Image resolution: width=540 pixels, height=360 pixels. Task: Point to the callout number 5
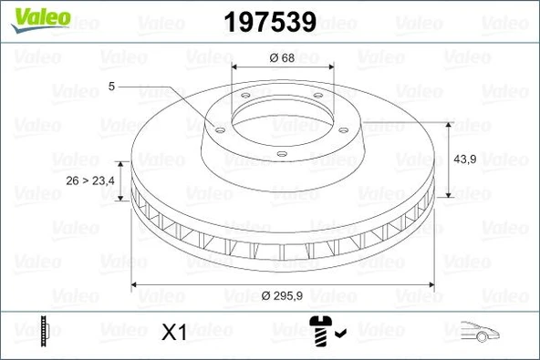[x=111, y=87]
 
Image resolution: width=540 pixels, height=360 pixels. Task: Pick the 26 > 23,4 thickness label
[x=91, y=180]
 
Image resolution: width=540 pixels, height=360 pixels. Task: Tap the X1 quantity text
[x=174, y=333]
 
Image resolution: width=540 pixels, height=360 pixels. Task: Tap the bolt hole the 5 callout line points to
[x=219, y=129]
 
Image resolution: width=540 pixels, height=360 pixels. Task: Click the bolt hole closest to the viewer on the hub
[x=281, y=152]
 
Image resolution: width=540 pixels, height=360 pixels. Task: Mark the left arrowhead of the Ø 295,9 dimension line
[x=138, y=285]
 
